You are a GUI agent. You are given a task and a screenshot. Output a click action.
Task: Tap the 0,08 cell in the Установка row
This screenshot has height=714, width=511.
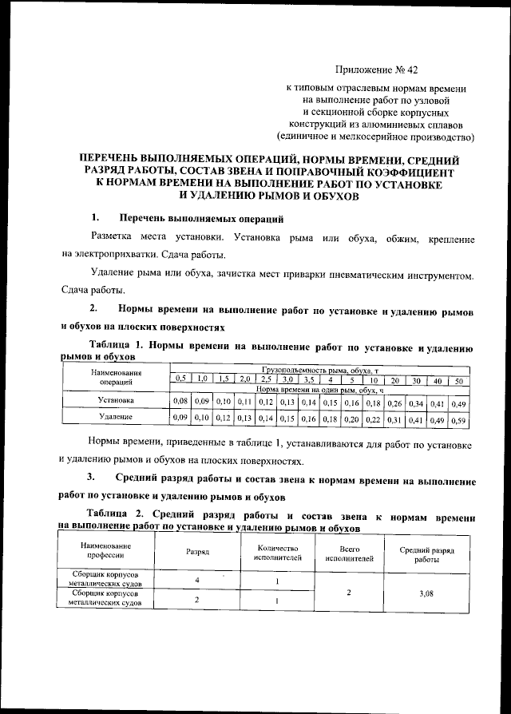[x=180, y=400]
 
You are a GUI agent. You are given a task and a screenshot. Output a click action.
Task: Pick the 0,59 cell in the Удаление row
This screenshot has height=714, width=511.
[x=458, y=418]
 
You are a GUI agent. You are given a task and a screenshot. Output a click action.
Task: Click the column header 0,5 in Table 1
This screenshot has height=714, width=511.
[x=180, y=378]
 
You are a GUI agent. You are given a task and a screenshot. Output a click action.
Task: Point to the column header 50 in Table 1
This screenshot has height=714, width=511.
[x=458, y=380]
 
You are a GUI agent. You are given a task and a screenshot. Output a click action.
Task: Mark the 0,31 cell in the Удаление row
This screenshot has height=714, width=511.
[x=394, y=418]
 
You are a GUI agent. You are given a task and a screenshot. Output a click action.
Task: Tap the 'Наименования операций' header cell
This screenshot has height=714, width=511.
[x=116, y=378]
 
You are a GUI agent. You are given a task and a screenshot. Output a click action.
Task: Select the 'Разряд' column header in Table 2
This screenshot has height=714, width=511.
[x=197, y=551]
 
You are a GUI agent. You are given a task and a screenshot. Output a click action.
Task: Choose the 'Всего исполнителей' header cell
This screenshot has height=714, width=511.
[x=350, y=552]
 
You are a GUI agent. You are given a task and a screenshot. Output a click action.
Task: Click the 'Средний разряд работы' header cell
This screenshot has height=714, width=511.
[x=431, y=552]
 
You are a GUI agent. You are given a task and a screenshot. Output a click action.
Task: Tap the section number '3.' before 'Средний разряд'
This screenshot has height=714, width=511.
[x=92, y=478]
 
